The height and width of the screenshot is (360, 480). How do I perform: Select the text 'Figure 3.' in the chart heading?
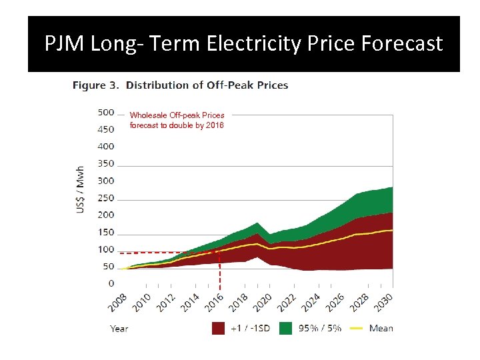[96, 85]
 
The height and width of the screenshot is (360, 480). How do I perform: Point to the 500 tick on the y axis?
[106, 112]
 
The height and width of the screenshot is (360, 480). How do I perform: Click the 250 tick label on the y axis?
[106, 198]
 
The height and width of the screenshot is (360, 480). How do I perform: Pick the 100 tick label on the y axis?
[106, 249]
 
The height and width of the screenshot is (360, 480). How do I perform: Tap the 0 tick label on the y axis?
[111, 284]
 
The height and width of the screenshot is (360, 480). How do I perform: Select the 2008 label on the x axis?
[117, 301]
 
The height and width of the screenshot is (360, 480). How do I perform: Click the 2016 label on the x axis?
[213, 301]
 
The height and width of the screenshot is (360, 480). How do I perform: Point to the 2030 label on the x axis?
[383, 301]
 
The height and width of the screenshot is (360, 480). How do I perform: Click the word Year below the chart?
[119, 328]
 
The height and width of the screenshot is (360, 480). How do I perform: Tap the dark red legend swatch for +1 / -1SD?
[218, 328]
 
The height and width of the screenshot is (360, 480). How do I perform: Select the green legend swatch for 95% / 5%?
[285, 328]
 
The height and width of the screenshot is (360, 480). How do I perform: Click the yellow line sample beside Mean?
[356, 328]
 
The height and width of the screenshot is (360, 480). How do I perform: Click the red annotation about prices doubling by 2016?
[177, 120]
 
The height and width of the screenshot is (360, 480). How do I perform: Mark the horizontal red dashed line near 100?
[167, 253]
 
